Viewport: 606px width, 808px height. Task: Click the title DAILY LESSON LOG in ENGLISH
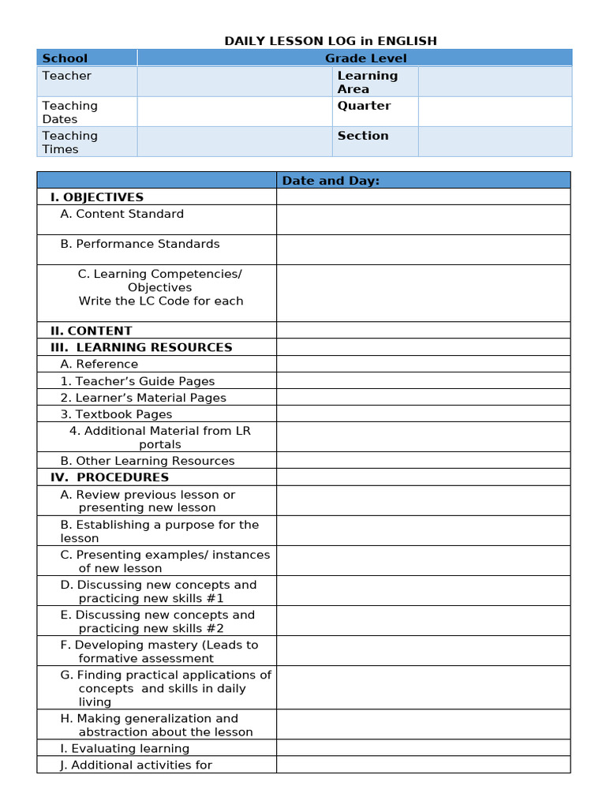click(331, 41)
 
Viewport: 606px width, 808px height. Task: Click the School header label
click(65, 58)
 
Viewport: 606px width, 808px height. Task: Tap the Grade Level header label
click(366, 58)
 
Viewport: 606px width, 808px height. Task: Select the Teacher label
click(66, 76)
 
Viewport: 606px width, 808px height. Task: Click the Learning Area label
click(367, 82)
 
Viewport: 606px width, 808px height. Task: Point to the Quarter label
click(364, 106)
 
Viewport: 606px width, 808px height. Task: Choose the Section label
click(363, 136)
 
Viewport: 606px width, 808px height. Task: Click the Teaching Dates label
click(69, 112)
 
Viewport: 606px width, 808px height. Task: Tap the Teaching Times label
click(69, 142)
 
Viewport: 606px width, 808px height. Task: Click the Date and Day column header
click(331, 181)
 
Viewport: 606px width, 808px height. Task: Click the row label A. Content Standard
click(122, 214)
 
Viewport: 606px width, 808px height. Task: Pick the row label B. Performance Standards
click(140, 244)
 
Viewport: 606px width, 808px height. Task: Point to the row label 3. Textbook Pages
click(116, 414)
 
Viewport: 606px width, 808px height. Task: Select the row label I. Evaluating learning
click(125, 749)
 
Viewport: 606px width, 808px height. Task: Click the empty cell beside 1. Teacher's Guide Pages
click(423, 381)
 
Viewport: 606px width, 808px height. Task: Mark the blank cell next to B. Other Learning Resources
click(423, 461)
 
